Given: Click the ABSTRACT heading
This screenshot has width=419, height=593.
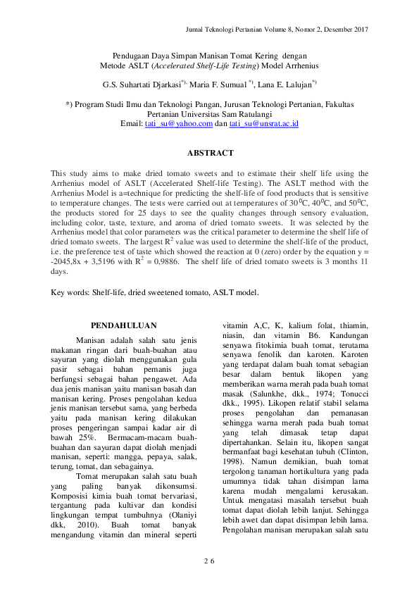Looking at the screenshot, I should [210, 153].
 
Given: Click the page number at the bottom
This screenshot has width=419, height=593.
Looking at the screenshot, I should [208, 561].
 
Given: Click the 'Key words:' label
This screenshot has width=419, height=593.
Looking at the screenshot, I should [70, 292].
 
